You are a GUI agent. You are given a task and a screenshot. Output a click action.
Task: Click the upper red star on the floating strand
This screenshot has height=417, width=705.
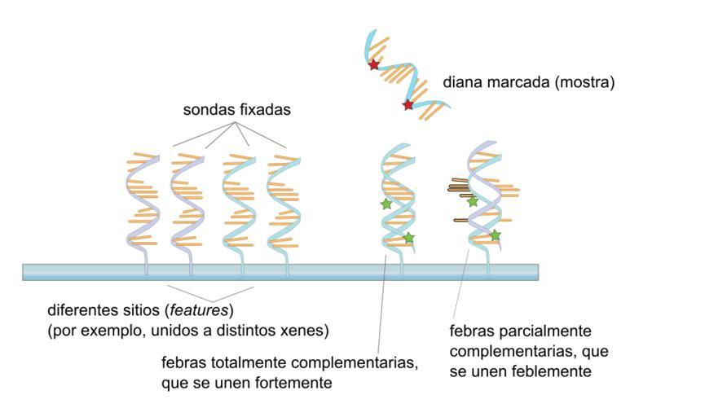point(374,64)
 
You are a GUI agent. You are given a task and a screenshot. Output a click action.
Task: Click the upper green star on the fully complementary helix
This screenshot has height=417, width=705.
point(386,204)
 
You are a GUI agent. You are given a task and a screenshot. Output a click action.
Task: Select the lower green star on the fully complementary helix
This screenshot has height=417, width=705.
point(408,238)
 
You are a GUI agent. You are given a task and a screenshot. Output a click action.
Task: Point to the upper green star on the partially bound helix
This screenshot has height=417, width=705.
point(472,201)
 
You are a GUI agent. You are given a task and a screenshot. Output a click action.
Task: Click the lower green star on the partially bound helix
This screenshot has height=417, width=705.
point(495,235)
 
